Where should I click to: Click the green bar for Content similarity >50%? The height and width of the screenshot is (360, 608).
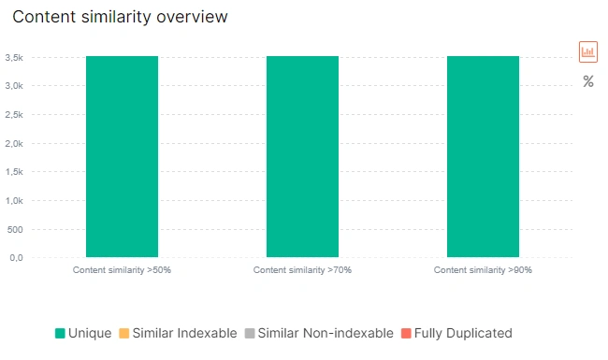(122, 156)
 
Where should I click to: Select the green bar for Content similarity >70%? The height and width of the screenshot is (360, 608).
(302, 156)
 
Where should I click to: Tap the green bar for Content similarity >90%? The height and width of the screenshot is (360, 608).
(483, 156)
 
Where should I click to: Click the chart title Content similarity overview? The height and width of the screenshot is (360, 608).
(120, 17)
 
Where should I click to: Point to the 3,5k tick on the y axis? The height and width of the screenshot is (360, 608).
(13, 57)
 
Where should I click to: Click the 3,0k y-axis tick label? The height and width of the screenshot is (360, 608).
(13, 86)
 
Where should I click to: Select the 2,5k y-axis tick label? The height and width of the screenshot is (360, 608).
(13, 115)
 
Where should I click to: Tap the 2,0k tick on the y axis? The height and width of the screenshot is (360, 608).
(13, 144)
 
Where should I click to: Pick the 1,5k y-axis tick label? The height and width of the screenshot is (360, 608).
(13, 172)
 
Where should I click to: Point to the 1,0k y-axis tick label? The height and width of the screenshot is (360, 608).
(13, 201)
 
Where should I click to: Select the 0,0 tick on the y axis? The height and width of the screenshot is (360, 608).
(15, 258)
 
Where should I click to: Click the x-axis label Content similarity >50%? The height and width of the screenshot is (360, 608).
(122, 270)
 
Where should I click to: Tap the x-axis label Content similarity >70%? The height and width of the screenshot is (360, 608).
(302, 270)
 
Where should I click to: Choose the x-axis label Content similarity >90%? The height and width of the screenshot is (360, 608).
(483, 270)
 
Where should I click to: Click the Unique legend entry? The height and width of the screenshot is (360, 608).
(83, 333)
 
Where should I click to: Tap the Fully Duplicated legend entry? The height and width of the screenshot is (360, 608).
(456, 333)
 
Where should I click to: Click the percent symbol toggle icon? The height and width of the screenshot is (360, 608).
(588, 81)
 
